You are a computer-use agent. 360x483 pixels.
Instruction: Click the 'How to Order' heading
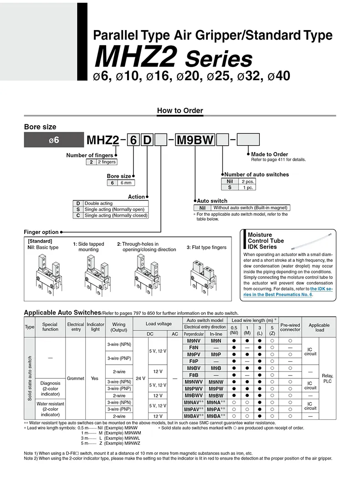click(180, 111)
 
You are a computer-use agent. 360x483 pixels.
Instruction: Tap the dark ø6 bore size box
click(54, 140)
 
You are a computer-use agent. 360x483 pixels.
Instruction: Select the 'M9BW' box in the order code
click(195, 140)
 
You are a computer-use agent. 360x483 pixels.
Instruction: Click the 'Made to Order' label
click(269, 154)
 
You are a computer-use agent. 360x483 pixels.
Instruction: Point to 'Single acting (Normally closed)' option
click(116, 215)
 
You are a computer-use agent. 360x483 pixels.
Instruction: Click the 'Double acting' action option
click(98, 203)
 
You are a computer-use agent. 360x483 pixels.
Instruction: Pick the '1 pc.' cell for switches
click(248, 187)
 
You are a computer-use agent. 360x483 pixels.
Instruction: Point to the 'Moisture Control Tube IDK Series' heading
click(266, 241)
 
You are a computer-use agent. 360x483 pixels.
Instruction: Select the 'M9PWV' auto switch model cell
click(194, 389)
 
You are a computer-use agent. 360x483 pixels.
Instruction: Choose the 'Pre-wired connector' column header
click(290, 327)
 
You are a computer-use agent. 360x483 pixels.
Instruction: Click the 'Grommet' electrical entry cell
click(75, 378)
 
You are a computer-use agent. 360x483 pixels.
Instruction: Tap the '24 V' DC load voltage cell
click(140, 378)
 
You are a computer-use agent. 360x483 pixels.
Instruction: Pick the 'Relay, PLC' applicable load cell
click(327, 378)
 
